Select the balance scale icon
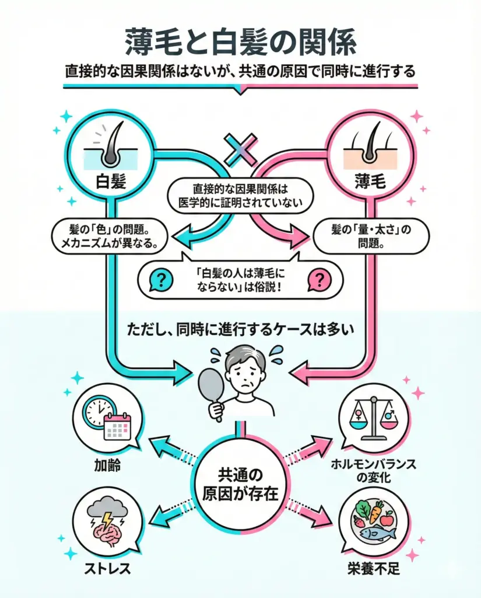375,418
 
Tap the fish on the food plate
377,532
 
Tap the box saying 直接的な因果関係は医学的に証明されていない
240,196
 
